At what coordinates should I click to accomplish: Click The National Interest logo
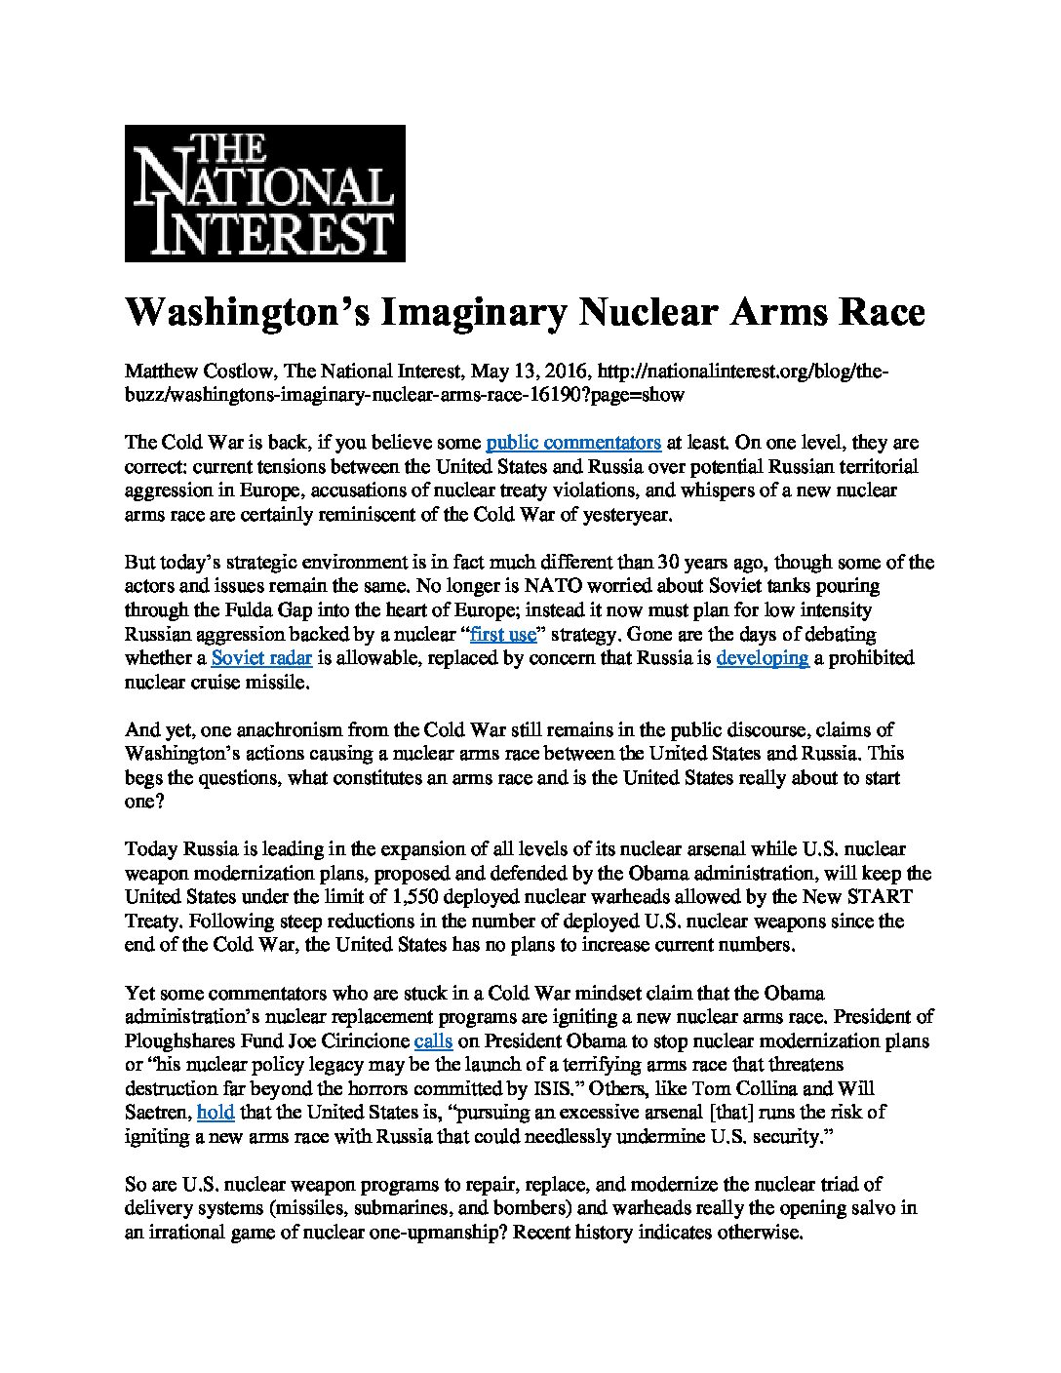pyautogui.click(x=264, y=193)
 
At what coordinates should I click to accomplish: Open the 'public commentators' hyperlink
pyautogui.click(x=573, y=443)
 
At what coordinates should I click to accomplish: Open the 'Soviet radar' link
pyautogui.click(x=260, y=657)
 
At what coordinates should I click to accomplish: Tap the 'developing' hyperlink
pyautogui.click(x=763, y=657)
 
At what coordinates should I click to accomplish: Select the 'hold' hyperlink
pyautogui.click(x=216, y=1111)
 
